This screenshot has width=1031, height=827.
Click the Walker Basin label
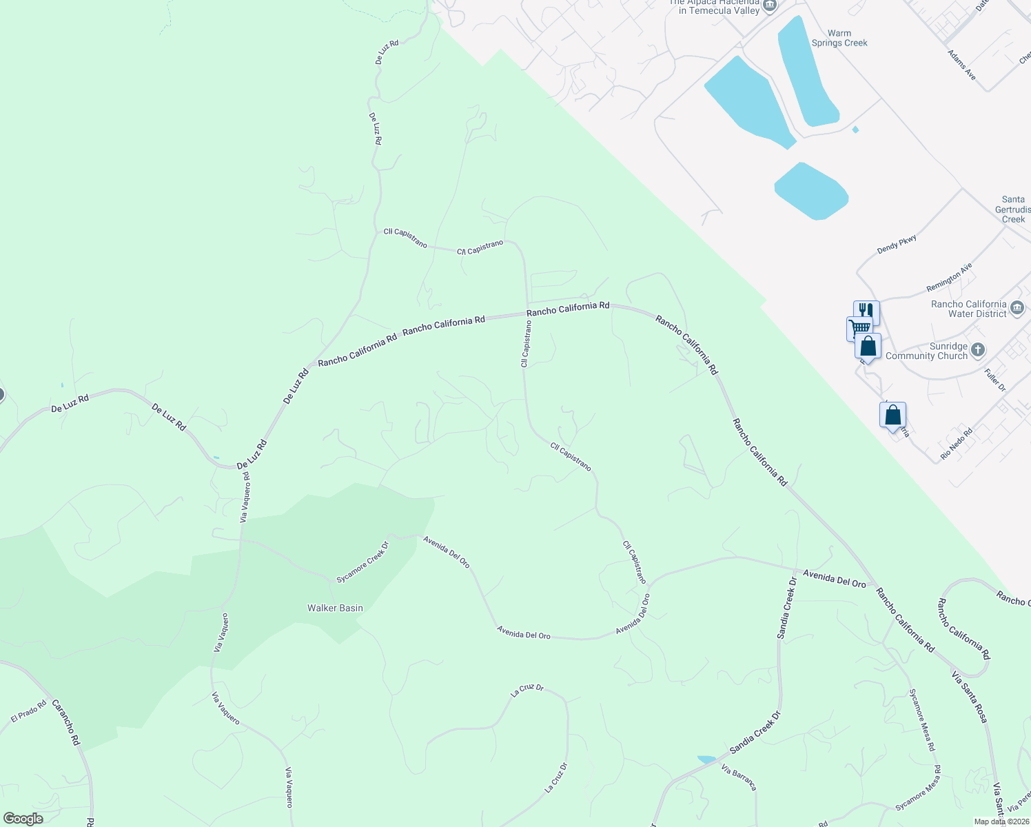335,608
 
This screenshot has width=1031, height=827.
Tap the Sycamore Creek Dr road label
363,562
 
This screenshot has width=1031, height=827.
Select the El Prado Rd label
28,711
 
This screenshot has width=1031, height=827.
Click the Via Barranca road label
739,777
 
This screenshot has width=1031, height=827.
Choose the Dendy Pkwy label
897,244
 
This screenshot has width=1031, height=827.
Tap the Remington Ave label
949,277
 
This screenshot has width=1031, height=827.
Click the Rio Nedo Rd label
956,443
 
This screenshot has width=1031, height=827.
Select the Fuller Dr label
995,380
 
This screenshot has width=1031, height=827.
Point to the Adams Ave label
961,65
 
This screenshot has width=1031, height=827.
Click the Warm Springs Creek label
839,38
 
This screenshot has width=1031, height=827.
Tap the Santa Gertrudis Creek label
1013,209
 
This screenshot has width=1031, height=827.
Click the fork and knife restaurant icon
866,311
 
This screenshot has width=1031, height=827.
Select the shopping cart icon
859,327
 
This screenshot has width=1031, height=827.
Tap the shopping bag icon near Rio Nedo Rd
892,416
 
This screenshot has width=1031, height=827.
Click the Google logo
23,819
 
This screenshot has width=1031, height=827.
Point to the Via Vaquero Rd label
245,497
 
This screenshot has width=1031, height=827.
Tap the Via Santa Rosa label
970,697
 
